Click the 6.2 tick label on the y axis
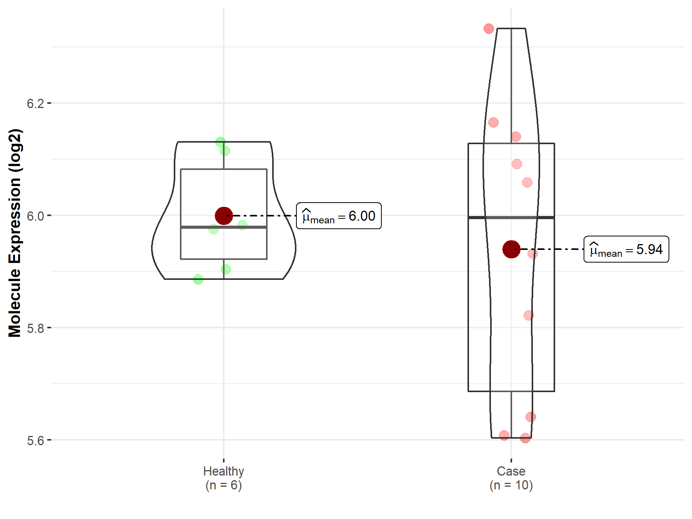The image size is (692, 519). point(35,103)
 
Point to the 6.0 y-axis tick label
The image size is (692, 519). point(35,216)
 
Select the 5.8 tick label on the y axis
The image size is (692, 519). point(35,328)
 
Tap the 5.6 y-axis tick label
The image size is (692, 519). point(35,441)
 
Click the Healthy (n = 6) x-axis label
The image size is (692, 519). point(224,478)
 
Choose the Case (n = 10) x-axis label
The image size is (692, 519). point(511,478)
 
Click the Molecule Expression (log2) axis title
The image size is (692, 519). point(15,233)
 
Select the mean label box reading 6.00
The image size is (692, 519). point(339,216)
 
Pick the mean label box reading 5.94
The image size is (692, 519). point(626,249)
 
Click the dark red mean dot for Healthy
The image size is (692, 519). point(224,216)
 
